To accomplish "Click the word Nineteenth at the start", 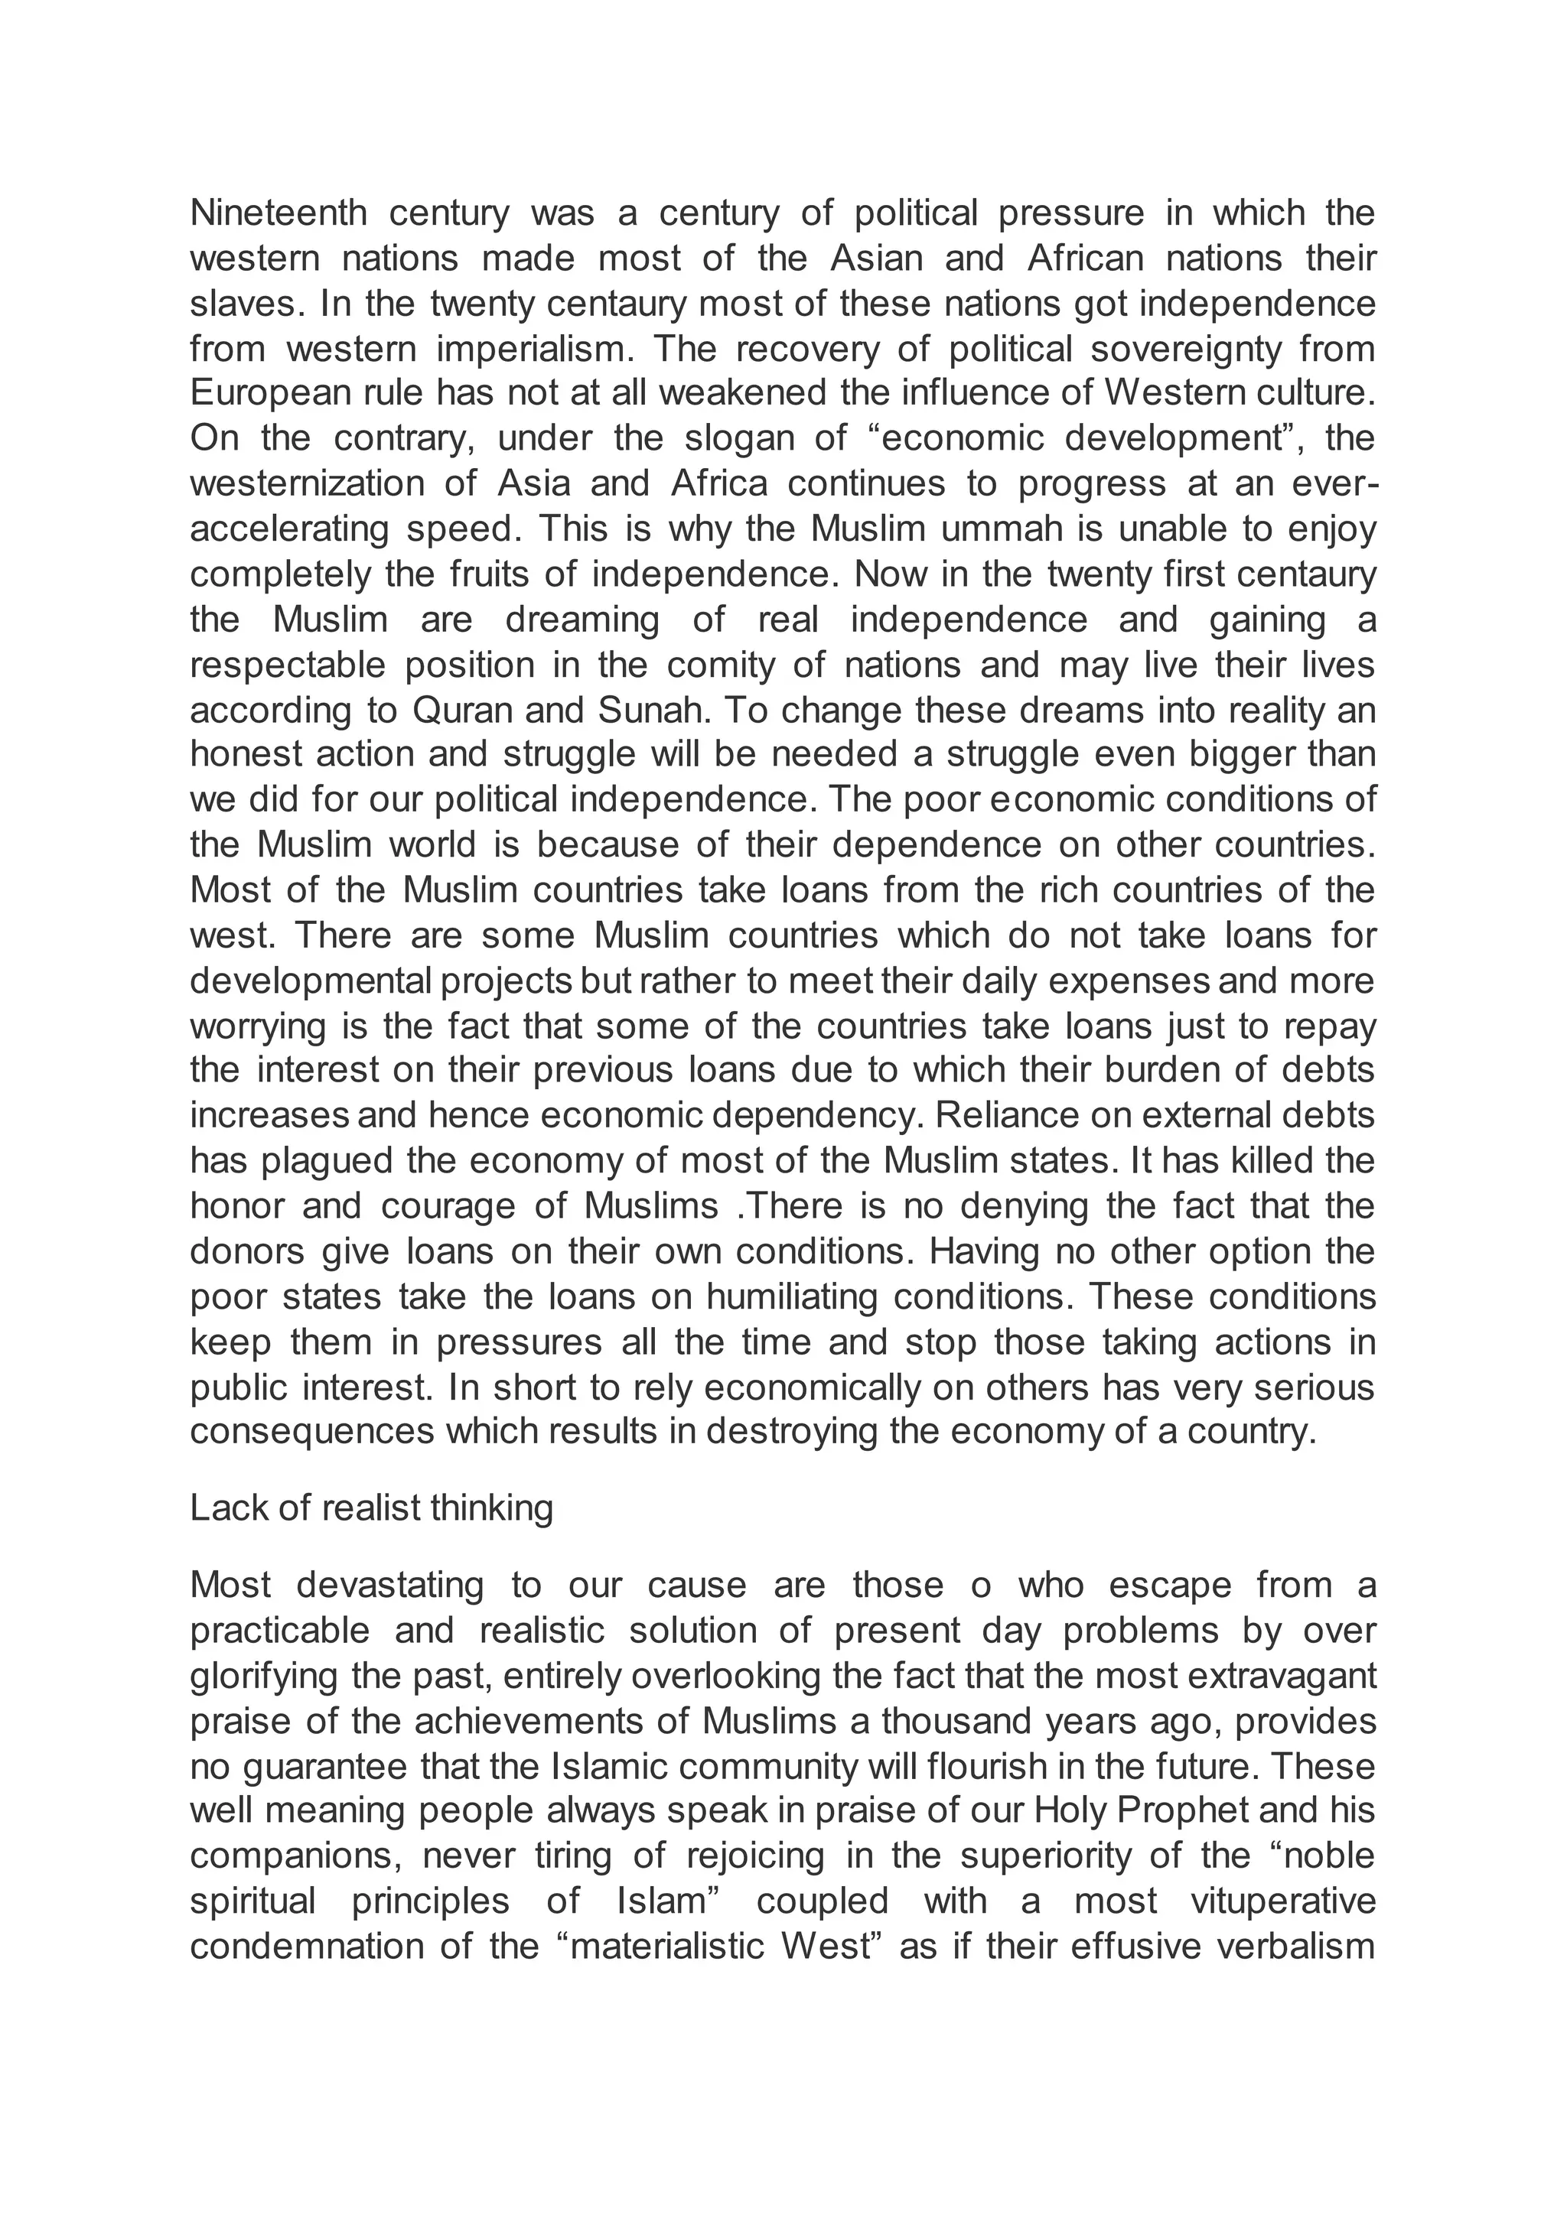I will [x=278, y=213].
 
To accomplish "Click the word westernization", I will [x=307, y=483].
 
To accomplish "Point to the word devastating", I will [x=389, y=1585].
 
